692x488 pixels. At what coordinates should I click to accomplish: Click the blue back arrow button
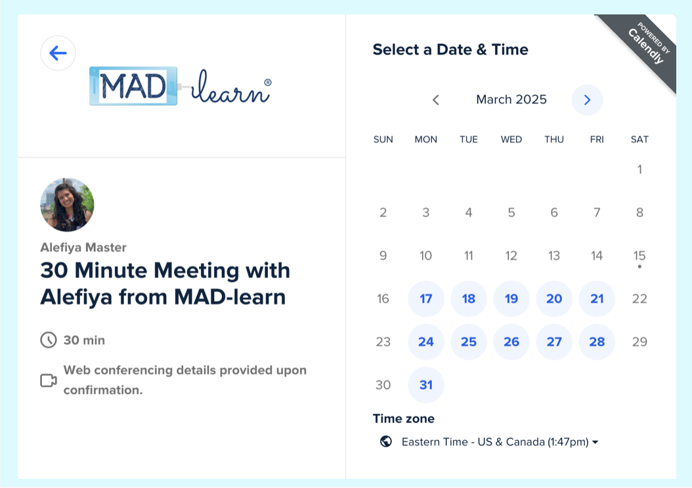[58, 53]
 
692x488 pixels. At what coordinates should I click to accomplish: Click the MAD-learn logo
[179, 87]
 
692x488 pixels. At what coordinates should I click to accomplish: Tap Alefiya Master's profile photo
[67, 205]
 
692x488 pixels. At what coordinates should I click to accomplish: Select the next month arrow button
[587, 100]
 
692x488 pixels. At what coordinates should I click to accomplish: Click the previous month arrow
[435, 100]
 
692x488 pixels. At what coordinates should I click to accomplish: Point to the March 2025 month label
[511, 100]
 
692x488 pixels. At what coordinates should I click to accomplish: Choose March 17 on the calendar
[426, 299]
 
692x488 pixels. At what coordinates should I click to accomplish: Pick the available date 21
[597, 299]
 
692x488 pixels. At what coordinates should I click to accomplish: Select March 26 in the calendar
[511, 342]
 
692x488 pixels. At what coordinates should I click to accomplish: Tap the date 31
[426, 385]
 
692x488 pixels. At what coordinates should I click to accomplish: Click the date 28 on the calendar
[597, 342]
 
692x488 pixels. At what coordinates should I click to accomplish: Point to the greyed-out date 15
[639, 256]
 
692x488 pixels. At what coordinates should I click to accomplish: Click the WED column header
[511, 139]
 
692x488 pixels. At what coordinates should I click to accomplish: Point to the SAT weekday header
[639, 139]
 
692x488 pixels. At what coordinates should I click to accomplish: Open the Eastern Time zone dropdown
[500, 442]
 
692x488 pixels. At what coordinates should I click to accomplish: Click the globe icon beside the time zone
[386, 441]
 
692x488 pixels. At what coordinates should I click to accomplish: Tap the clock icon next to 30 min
[49, 340]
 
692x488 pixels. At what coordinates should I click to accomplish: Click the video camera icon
[49, 380]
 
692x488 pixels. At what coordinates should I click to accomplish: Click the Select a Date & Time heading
[450, 50]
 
